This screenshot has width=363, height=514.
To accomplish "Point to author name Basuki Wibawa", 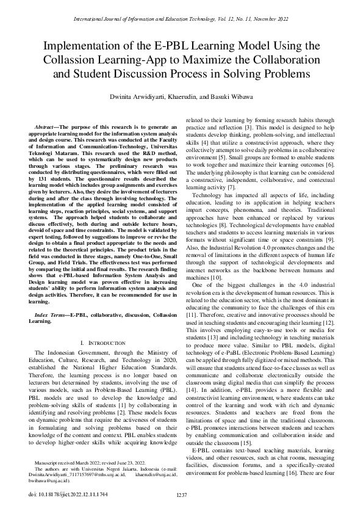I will (242, 97).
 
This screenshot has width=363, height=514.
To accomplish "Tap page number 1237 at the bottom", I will (181, 493).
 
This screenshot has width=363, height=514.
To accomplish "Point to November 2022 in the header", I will (272, 20).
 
